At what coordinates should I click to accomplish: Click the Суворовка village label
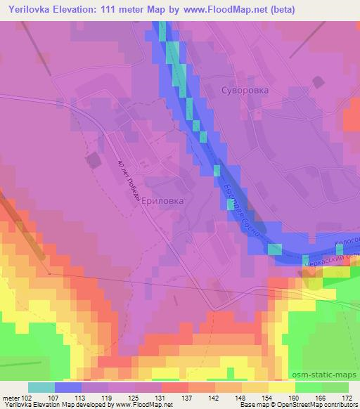click(x=245, y=91)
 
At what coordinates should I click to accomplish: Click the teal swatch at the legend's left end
click(x=41, y=387)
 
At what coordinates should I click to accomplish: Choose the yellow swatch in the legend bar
click(x=282, y=387)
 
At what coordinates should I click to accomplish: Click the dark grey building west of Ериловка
click(x=94, y=160)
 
